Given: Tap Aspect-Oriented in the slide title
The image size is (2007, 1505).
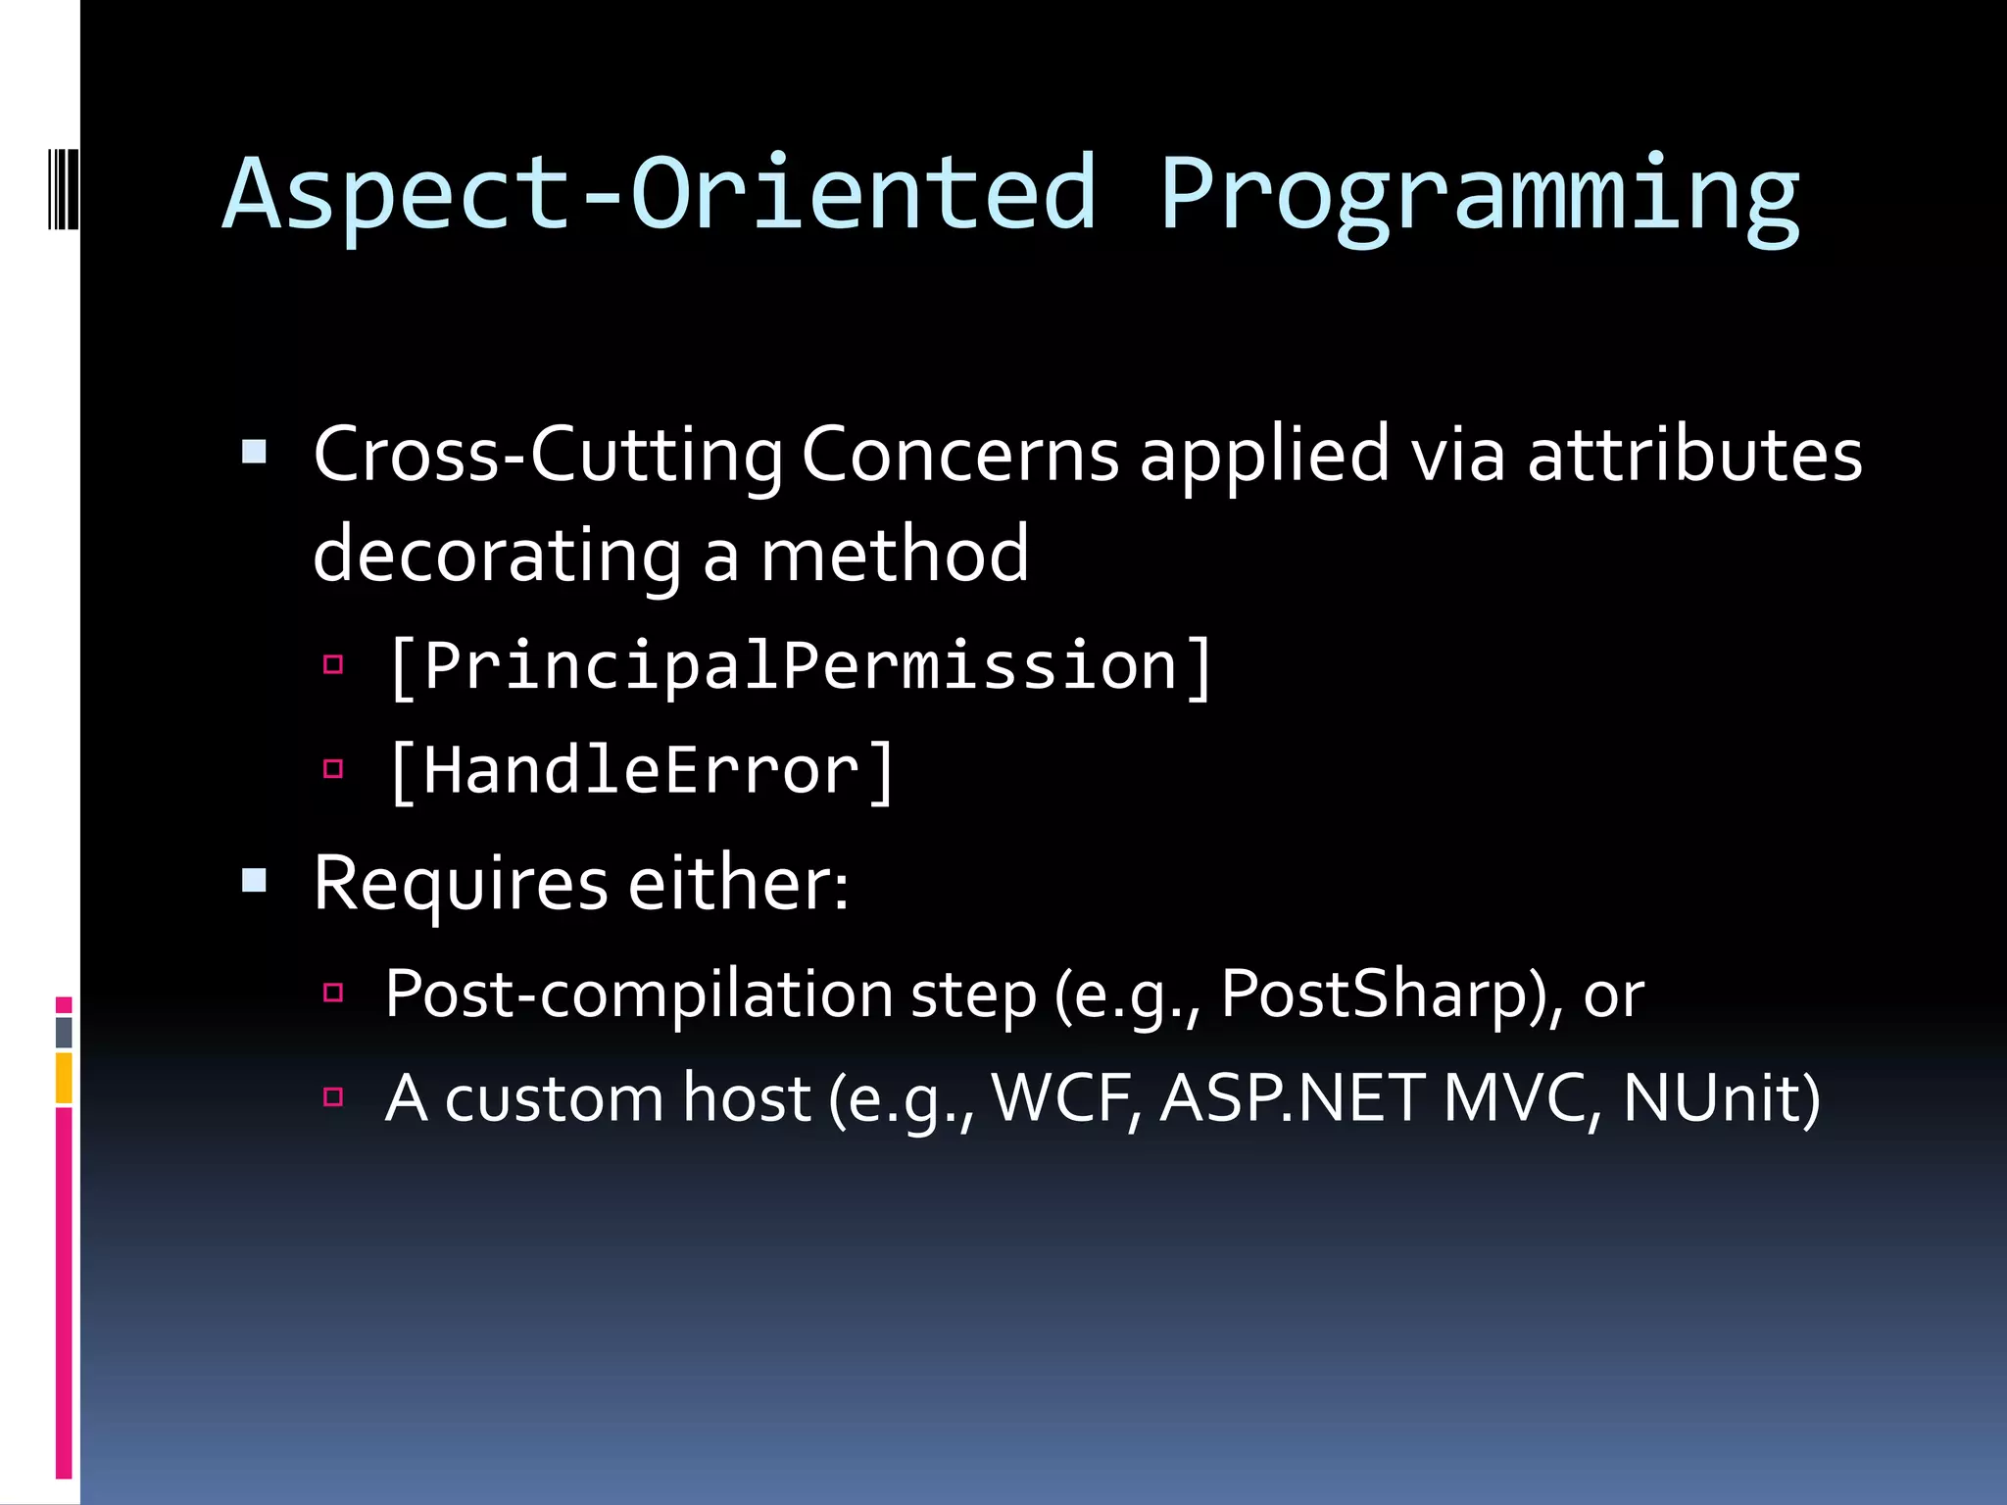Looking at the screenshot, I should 659,196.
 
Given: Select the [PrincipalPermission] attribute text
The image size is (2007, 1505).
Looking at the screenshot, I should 801,667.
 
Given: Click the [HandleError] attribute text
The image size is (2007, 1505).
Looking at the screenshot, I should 642,771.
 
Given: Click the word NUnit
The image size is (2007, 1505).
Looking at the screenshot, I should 1721,1098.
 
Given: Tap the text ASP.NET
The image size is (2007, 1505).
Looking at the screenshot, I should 1293,1098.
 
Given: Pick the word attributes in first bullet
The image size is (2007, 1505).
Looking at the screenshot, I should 1694,456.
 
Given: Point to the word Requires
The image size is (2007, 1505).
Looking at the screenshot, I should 461,885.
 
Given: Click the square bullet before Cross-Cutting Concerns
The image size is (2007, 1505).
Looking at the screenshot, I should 255,452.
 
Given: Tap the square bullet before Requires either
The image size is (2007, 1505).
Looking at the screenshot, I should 255,880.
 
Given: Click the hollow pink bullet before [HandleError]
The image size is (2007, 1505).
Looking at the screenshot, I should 333,768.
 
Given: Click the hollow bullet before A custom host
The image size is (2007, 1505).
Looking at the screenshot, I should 333,1095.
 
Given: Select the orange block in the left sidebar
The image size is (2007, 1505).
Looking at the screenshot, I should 64,1078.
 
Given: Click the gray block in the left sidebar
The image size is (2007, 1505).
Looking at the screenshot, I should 64,1032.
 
